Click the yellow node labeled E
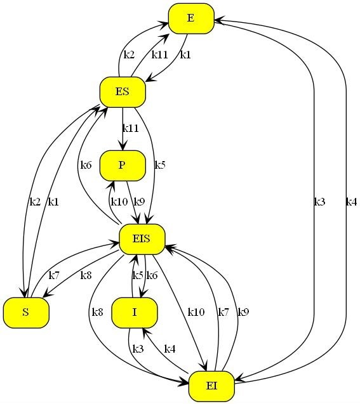pyautogui.click(x=191, y=18)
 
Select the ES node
pyautogui.click(x=123, y=92)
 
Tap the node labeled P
pyautogui.click(x=123, y=166)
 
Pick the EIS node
pyautogui.click(x=142, y=239)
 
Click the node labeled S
pyautogui.click(x=26, y=313)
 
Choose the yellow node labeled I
pyautogui.click(x=135, y=313)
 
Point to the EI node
pyautogui.click(x=211, y=386)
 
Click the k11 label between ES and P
pyautogui.click(x=131, y=128)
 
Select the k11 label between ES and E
pyautogui.click(x=159, y=55)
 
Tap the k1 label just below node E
pyautogui.click(x=185, y=55)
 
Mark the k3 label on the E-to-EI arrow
pyautogui.click(x=319, y=202)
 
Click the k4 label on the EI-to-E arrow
pyautogui.click(x=352, y=202)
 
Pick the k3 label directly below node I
pyautogui.click(x=138, y=349)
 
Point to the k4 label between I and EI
pyautogui.click(x=170, y=349)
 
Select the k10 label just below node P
pyautogui.click(x=119, y=202)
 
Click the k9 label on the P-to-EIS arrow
pyautogui.click(x=139, y=202)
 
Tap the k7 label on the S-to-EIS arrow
pyautogui.click(x=54, y=275)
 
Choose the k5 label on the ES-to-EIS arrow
pyautogui.click(x=160, y=165)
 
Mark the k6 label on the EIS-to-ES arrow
pyautogui.click(x=86, y=165)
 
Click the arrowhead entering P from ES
pyautogui.click(x=123, y=146)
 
